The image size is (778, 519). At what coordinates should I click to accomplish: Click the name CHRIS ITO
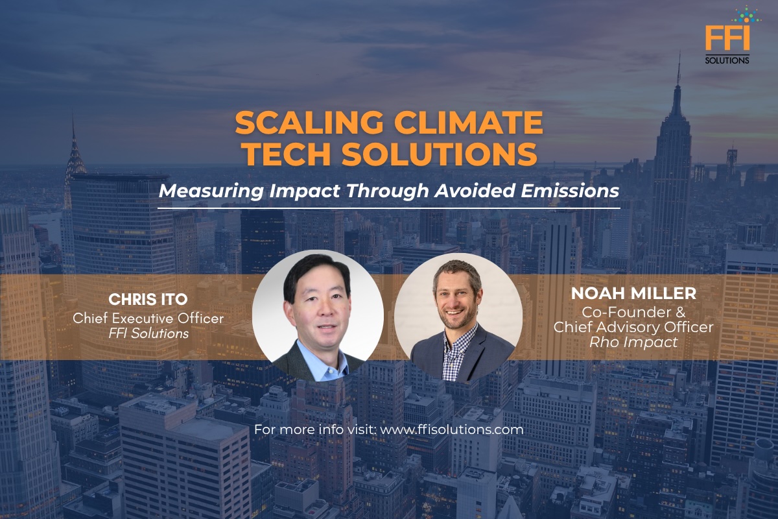(x=148, y=300)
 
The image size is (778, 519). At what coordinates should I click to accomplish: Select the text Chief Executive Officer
(x=148, y=318)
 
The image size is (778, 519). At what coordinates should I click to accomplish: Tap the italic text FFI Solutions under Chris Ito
(x=148, y=333)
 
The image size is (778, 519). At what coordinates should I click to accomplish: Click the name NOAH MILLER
(x=633, y=294)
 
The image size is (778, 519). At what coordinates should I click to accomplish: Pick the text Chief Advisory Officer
(x=633, y=327)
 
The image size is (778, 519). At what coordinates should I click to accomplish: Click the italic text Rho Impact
(x=633, y=343)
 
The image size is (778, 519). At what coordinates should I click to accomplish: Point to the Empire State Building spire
(x=678, y=71)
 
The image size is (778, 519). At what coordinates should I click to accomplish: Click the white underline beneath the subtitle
(x=389, y=208)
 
